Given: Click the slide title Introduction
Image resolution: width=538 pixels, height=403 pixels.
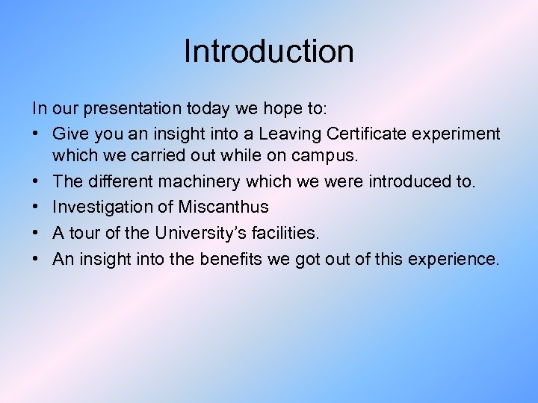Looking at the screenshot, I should pos(268,51).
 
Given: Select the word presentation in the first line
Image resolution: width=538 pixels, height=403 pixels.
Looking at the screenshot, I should pos(131,109).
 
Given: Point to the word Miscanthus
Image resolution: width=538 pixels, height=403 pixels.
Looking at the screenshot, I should pos(223,207).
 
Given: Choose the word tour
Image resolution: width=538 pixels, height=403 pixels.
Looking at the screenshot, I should pos(86,233).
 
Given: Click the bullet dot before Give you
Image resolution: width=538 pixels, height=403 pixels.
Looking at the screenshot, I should pos(37,134).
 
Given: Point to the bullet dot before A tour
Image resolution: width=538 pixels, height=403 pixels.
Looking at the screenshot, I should pos(37,234).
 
